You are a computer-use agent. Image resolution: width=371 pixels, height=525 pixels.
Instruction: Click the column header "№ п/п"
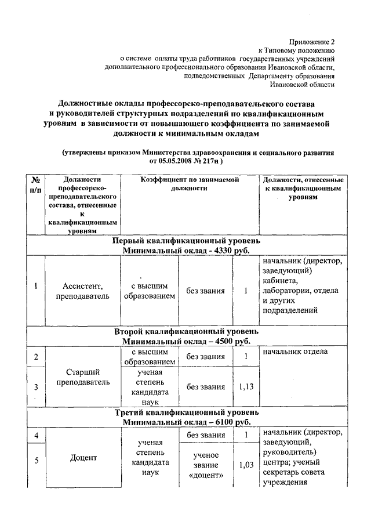[x=36, y=187]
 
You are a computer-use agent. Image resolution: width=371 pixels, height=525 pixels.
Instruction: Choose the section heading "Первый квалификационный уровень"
[x=186, y=240]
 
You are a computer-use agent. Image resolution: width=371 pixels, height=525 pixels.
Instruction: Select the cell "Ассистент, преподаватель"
[x=82, y=291]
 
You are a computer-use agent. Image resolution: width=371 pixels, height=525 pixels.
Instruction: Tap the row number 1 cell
[x=36, y=285]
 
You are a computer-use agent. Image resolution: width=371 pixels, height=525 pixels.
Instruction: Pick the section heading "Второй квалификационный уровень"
[x=186, y=331]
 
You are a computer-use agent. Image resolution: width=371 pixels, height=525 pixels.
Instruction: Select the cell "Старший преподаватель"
[x=82, y=376]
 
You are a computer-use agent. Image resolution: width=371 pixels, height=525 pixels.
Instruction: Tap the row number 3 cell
[x=36, y=387]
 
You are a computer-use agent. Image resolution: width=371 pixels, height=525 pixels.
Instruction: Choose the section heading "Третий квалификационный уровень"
[x=186, y=412]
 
